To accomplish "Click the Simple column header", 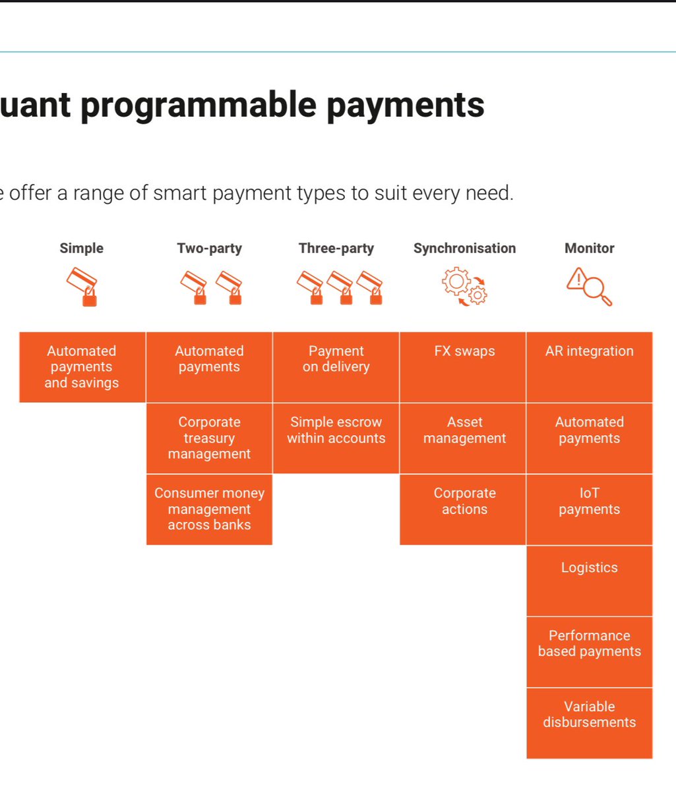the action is (x=81, y=249).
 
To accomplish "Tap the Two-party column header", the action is (x=209, y=249).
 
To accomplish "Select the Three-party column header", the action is (x=336, y=249).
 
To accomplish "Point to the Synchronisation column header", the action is (x=464, y=249).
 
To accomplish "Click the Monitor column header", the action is (x=589, y=249).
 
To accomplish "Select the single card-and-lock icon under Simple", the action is (x=82, y=287).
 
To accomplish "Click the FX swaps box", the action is (x=464, y=366).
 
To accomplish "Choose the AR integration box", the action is (x=589, y=366).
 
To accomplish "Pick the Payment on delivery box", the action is (x=336, y=366).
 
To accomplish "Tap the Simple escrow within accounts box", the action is (x=336, y=438).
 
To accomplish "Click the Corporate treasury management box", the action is (x=209, y=438).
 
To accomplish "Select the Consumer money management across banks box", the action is (x=209, y=509).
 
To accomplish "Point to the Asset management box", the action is (x=464, y=438).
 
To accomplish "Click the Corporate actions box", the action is (x=464, y=509).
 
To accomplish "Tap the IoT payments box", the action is (x=589, y=509).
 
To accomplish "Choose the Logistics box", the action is (x=589, y=580).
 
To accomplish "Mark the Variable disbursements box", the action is (x=589, y=722).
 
